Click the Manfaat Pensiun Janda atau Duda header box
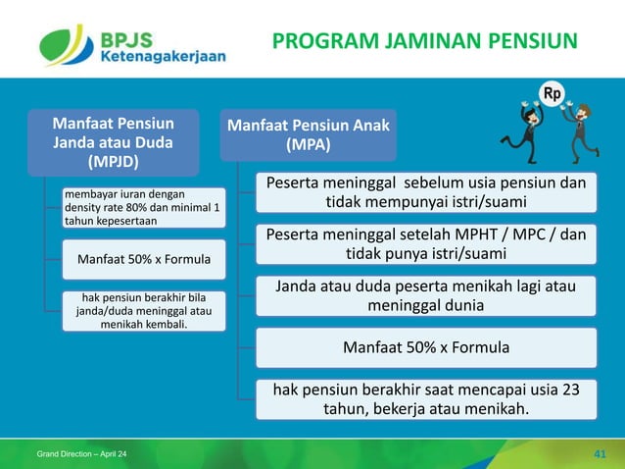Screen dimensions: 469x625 coord(113,142)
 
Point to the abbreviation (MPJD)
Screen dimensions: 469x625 coord(113,161)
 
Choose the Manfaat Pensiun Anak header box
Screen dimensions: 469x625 coord(309,134)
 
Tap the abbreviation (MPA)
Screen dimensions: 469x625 coord(309,145)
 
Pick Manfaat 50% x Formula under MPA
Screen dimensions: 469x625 coord(425,346)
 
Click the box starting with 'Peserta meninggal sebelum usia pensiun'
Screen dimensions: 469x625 coord(425,192)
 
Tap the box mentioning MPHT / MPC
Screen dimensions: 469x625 coord(425,244)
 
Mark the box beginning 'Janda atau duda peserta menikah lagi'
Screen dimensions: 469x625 coord(425,295)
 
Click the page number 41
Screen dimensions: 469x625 coord(601,452)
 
